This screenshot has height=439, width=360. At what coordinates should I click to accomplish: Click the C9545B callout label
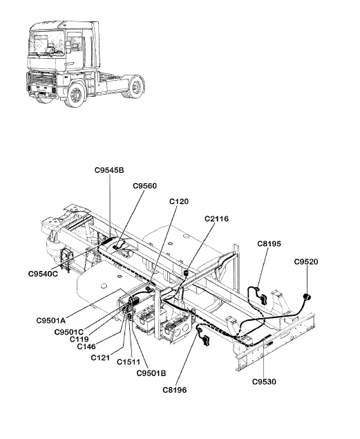tap(109, 170)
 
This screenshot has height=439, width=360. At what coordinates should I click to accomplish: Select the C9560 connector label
tap(144, 186)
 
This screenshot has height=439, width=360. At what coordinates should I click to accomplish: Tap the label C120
tap(179, 202)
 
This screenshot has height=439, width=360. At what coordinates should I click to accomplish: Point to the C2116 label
tap(216, 218)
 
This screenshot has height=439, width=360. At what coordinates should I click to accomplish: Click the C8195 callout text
tap(269, 244)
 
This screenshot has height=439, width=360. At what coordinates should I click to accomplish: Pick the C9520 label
tap(306, 262)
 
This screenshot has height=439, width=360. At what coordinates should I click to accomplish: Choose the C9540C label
tap(43, 274)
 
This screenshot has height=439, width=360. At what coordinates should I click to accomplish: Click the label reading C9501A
tap(51, 320)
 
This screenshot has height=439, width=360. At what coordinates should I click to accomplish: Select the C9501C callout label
tap(69, 332)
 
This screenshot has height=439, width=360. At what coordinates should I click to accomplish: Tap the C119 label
tap(79, 339)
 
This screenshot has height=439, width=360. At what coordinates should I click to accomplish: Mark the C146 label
tap(86, 346)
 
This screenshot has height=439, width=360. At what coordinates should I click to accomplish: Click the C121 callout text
tap(100, 357)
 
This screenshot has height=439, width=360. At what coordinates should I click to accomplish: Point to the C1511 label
tap(129, 362)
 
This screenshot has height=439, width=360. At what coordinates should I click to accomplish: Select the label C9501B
tap(151, 373)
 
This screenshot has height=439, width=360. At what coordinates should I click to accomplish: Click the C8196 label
tap(175, 390)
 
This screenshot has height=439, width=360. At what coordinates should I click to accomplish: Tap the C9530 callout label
tap(264, 382)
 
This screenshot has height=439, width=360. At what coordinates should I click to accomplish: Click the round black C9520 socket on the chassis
tap(307, 297)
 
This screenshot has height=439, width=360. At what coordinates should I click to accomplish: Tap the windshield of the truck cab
tap(48, 43)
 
